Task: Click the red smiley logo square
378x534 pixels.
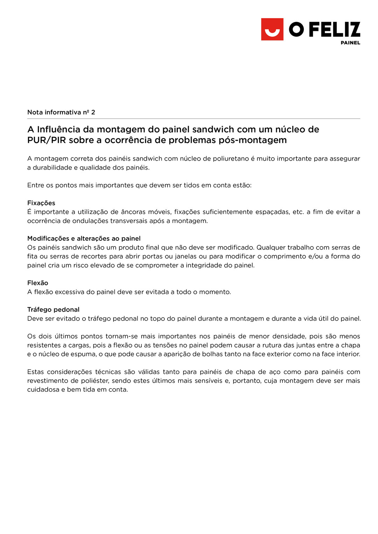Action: [272, 29]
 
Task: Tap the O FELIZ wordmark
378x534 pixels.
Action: [324, 29]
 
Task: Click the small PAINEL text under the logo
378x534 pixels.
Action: [350, 43]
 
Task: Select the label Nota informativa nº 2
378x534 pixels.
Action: [61, 112]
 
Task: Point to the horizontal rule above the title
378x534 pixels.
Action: [194, 119]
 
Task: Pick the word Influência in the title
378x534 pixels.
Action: [65, 129]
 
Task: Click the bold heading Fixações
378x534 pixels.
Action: [41, 203]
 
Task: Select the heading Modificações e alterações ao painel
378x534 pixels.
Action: [84, 238]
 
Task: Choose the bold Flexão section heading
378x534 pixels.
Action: [38, 283]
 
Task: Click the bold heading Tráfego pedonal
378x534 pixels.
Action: [53, 309]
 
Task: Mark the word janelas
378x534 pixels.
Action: [185, 256]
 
